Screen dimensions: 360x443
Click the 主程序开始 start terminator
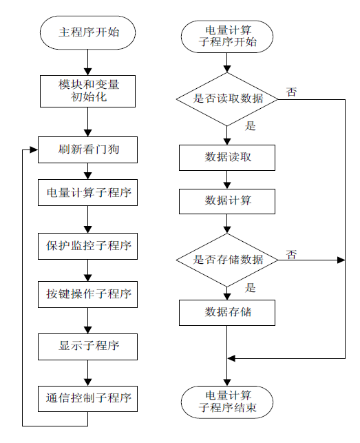[x=87, y=32]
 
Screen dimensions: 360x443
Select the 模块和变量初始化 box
[x=87, y=91]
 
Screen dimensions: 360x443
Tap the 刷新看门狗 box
[x=87, y=150]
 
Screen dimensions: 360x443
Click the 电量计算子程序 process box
[x=87, y=192]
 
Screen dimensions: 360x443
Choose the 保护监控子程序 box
[x=87, y=246]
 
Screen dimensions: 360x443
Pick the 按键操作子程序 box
[x=87, y=294]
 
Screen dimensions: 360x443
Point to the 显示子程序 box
[x=87, y=347]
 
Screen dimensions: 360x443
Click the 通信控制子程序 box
[x=87, y=399]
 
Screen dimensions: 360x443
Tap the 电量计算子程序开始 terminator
[x=227, y=37]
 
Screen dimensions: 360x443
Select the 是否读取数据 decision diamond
[x=227, y=99]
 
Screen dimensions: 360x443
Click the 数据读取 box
[x=227, y=158]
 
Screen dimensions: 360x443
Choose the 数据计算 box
[x=227, y=201]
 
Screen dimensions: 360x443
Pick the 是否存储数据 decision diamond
[x=227, y=260]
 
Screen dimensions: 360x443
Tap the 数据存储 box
[x=227, y=313]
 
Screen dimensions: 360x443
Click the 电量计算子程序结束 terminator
[x=227, y=402]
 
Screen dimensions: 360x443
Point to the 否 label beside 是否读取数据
[x=291, y=92]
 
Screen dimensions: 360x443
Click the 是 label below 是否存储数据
[x=250, y=287]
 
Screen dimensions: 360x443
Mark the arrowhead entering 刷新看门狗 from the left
[x=34, y=150]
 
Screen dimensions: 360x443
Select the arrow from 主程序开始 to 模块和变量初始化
[x=88, y=62]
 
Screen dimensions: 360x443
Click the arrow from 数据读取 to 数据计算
[x=227, y=180]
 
